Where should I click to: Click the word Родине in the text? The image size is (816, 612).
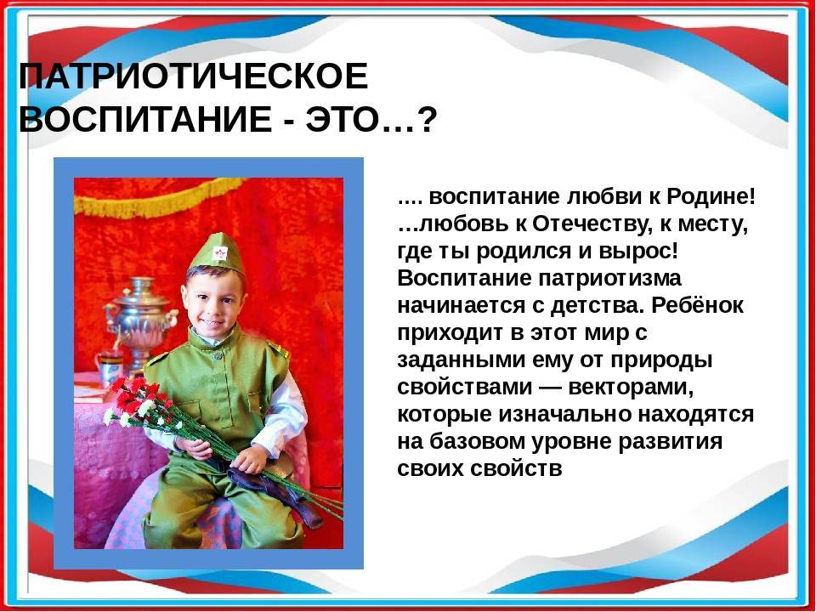point(710,197)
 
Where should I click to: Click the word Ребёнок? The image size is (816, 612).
point(697,305)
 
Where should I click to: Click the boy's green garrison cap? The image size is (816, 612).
point(215,254)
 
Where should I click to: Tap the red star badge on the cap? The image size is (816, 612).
point(219,253)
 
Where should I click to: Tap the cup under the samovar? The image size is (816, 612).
point(110,368)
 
